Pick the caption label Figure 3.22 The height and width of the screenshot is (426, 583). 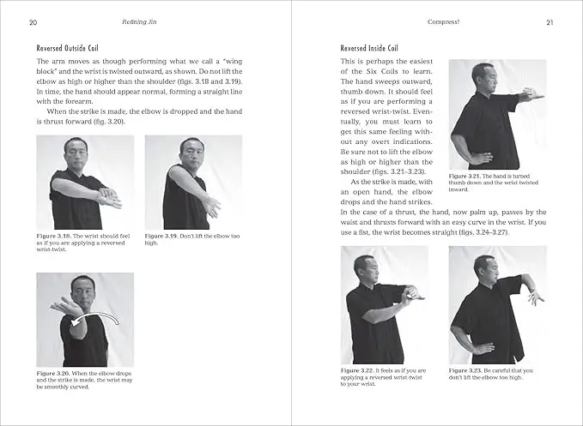(359, 370)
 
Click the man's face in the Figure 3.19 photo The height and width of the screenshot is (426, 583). (191, 153)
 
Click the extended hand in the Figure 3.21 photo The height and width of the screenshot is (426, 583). (532, 96)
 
